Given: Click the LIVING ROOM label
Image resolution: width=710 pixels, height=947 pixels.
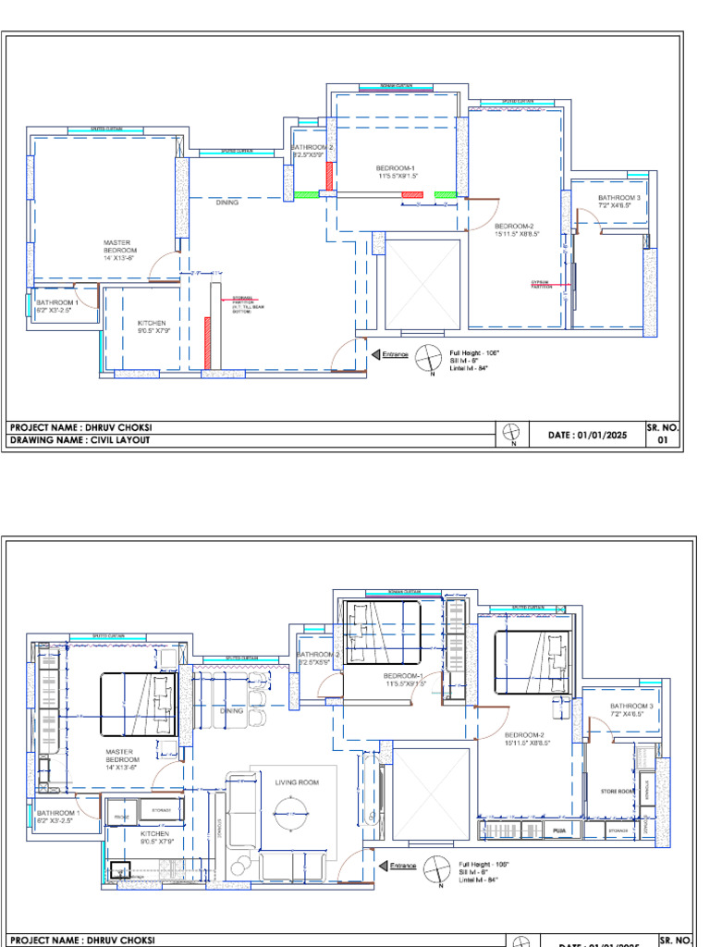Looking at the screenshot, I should coord(297,782).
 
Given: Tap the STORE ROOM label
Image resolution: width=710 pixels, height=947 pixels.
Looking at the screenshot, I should coord(616,792).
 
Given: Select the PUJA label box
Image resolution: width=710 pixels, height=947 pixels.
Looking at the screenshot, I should coord(559,831).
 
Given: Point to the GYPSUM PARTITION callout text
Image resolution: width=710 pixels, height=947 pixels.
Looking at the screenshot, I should coord(542,285).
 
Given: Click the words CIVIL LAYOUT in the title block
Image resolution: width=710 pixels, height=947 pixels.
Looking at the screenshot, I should coord(120,440).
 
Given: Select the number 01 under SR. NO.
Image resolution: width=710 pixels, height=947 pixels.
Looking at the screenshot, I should coord(662,440).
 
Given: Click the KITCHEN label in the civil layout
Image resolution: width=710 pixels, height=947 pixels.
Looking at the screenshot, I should coord(152,326).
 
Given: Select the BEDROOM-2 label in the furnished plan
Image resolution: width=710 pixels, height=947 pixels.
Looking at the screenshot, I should coord(524,738).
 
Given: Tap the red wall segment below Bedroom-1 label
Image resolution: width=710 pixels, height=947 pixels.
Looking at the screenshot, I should coord(412,194).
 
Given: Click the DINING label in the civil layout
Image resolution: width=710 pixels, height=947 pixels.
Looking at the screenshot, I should coord(227,202).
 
